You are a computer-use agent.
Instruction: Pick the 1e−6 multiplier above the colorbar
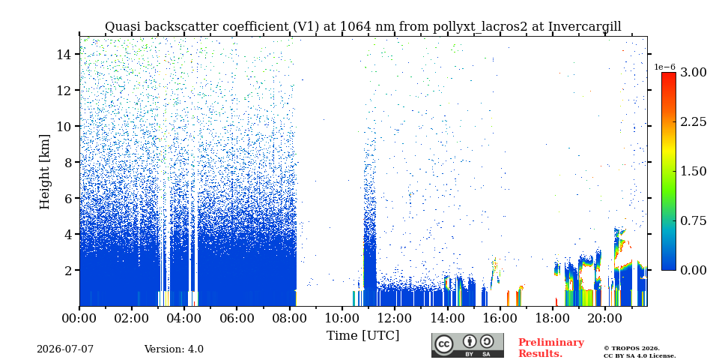tap(665, 67)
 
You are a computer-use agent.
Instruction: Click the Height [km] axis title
tap(44, 172)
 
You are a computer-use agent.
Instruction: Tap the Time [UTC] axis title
tap(362, 335)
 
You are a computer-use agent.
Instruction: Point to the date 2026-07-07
tap(65, 349)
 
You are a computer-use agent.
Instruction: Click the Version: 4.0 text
tap(174, 349)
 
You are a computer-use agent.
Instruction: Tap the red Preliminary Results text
tap(551, 348)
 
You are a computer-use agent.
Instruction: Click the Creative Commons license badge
tap(467, 345)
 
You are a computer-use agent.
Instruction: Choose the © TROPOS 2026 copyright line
tap(631, 349)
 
